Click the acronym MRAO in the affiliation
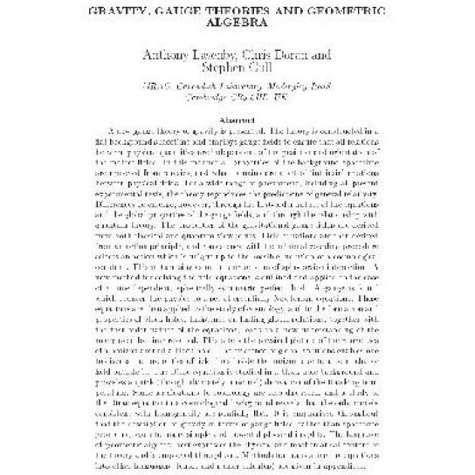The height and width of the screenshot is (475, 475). [x=160, y=99]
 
